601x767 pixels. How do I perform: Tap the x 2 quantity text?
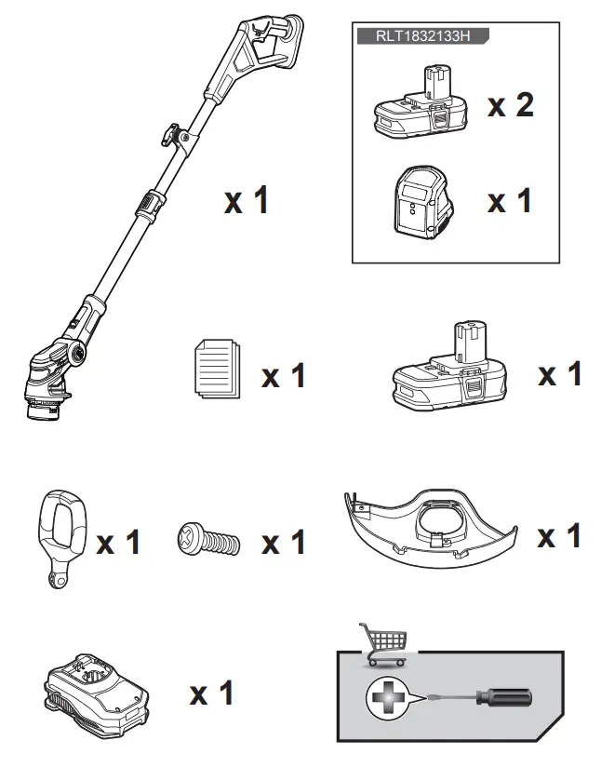click(511, 105)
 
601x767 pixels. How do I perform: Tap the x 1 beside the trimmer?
click(246, 199)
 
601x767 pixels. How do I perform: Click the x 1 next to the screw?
click(283, 542)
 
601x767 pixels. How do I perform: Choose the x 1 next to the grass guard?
click(560, 536)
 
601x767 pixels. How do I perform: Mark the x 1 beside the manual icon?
click(283, 376)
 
